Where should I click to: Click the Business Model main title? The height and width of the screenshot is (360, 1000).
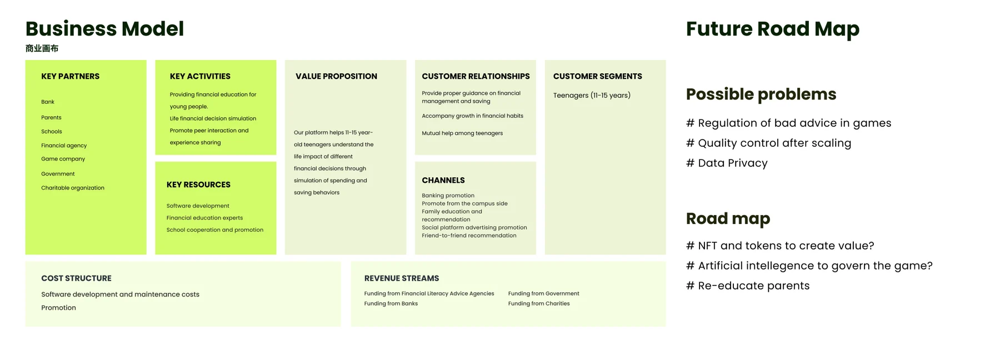click(x=104, y=29)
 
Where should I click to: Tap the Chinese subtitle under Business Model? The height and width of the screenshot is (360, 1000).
click(x=42, y=48)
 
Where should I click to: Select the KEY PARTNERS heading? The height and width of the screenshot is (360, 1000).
click(x=70, y=76)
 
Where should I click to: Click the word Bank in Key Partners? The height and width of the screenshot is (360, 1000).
click(x=48, y=102)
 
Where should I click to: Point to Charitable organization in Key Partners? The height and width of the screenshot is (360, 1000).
click(x=73, y=188)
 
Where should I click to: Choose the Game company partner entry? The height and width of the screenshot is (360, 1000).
click(x=63, y=159)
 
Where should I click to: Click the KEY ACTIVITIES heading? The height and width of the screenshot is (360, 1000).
click(x=200, y=76)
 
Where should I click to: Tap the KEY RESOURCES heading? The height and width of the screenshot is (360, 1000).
click(x=198, y=184)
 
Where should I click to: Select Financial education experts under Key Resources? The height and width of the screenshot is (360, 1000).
click(x=204, y=218)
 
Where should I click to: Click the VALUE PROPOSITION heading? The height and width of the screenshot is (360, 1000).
click(x=336, y=76)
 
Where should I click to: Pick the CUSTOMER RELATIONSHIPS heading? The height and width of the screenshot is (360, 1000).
click(x=476, y=76)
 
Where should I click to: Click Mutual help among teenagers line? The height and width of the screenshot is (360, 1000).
click(x=462, y=133)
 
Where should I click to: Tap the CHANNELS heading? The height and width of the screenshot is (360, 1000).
click(x=443, y=180)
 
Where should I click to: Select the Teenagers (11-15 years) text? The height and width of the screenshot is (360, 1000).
click(x=592, y=96)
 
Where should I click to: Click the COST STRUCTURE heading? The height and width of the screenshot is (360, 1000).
click(x=76, y=278)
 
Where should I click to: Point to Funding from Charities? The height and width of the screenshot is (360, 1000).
click(x=539, y=303)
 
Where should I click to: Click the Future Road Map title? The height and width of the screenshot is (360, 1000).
click(x=773, y=29)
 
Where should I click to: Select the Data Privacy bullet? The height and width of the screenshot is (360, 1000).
click(x=727, y=163)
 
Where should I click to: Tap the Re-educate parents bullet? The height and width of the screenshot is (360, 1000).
click(x=748, y=286)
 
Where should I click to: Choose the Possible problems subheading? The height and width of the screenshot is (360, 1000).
click(x=761, y=94)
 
